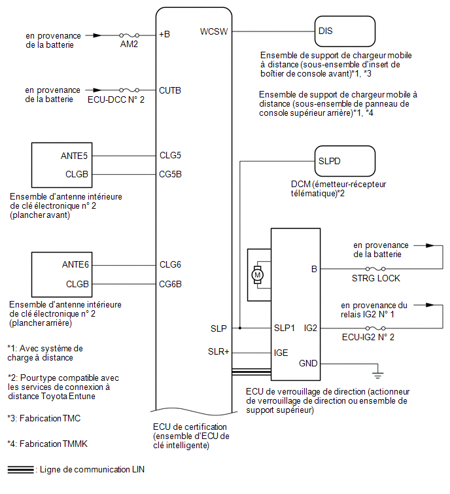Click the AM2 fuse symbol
129,35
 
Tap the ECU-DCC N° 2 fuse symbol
129,90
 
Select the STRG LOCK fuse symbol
375,269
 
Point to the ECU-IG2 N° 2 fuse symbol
375,328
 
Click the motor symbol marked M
257,275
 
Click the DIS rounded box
345,31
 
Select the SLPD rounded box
345,161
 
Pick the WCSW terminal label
214,31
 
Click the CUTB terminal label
170,90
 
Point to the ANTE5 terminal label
74,156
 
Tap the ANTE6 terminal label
75,264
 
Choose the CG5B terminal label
170,174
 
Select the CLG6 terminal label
170,264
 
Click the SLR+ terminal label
218,351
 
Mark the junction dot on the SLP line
240,328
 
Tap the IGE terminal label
281,353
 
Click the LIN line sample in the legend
20,469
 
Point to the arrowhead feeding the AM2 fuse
97,35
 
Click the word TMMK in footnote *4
75,444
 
